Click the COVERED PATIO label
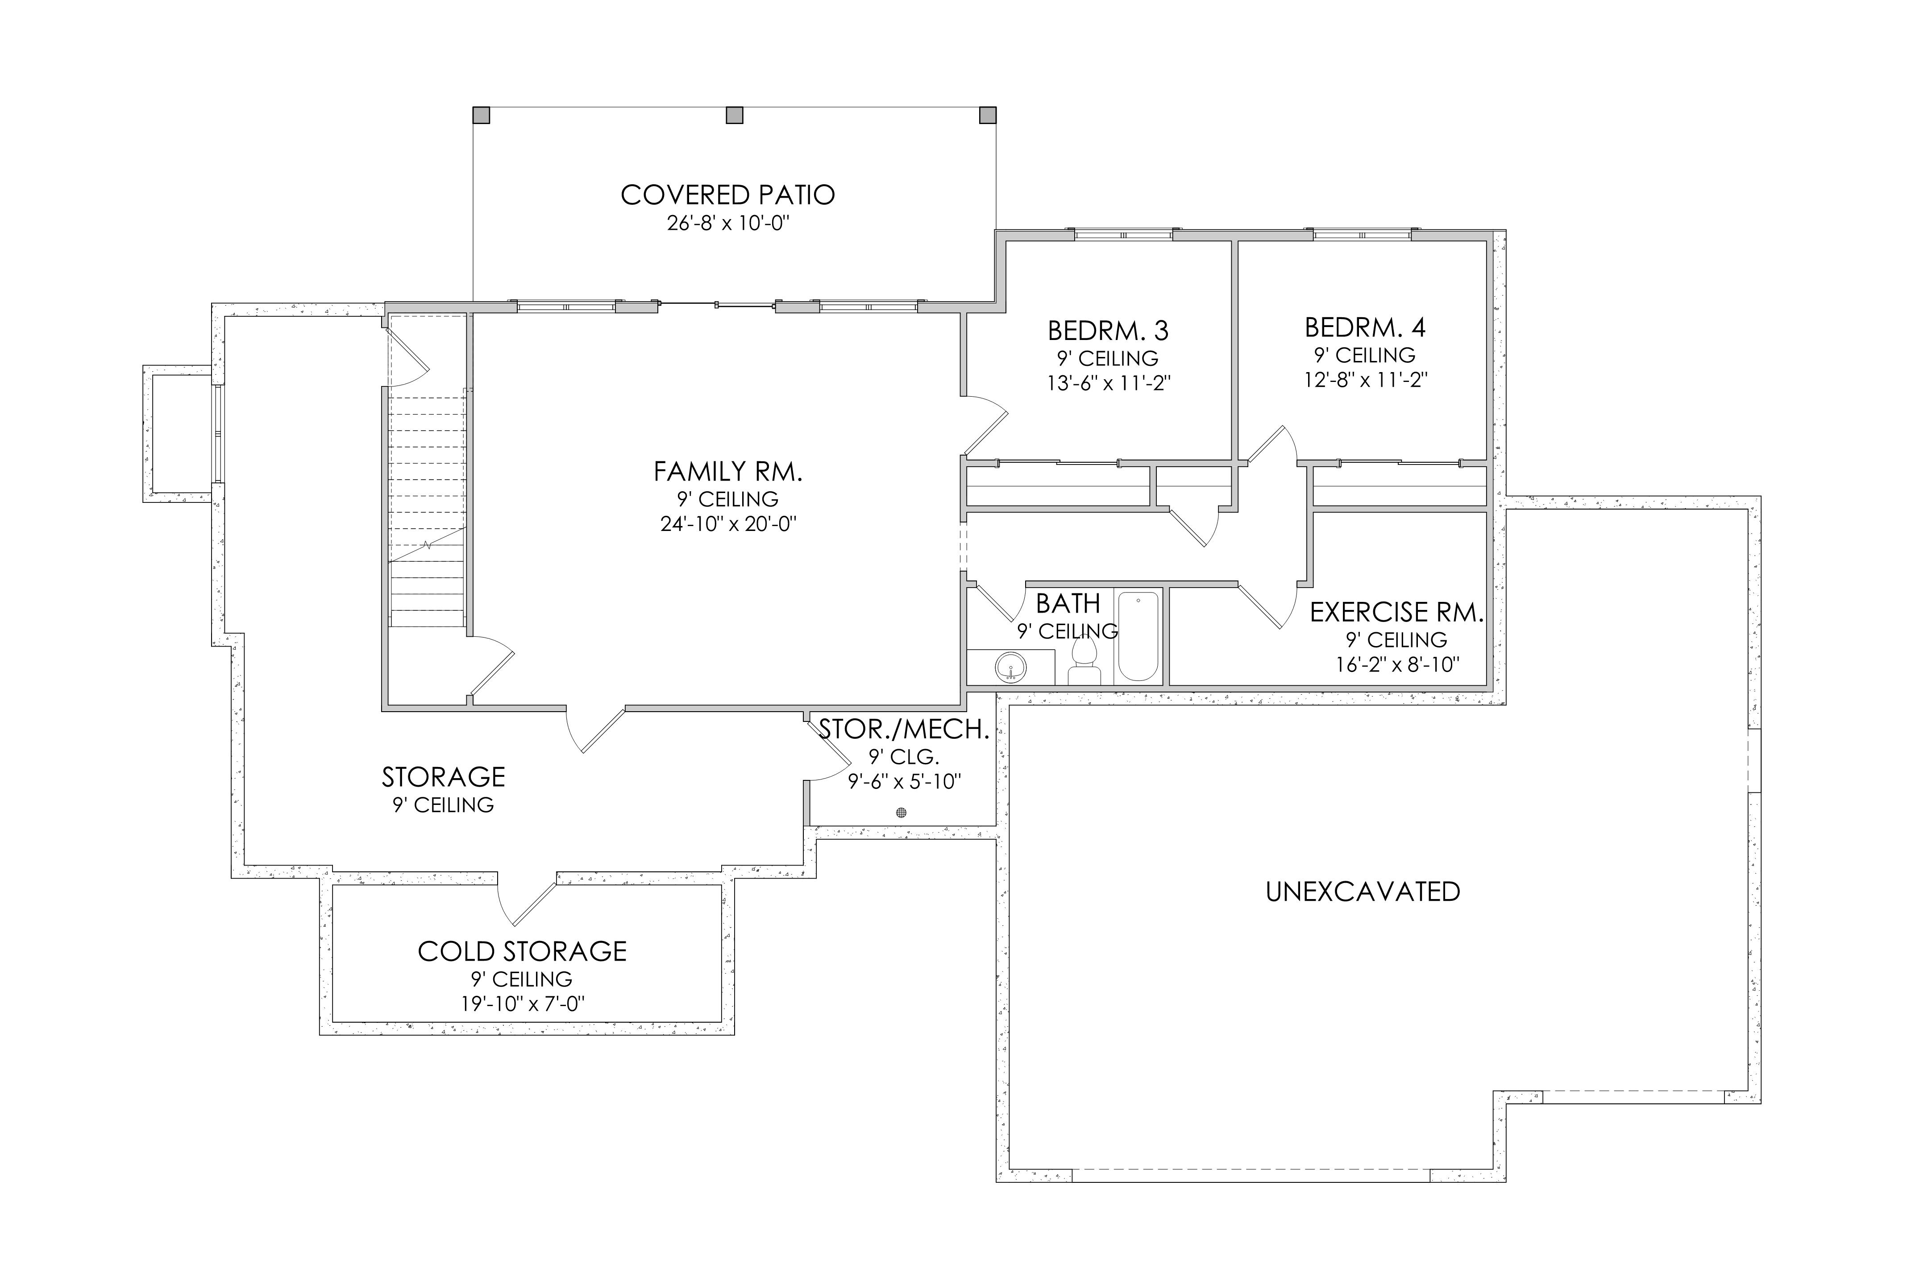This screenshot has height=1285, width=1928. (728, 195)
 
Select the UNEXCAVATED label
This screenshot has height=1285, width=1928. (1363, 891)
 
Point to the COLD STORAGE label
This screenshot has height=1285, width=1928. (522, 951)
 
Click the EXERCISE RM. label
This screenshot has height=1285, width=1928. (1397, 612)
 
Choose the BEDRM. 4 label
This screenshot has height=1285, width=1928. (1365, 328)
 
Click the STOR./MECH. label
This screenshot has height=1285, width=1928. (904, 730)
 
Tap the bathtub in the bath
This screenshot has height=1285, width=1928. (1139, 636)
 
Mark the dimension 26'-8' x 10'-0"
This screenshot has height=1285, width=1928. (728, 223)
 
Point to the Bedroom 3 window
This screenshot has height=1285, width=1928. (1123, 235)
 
